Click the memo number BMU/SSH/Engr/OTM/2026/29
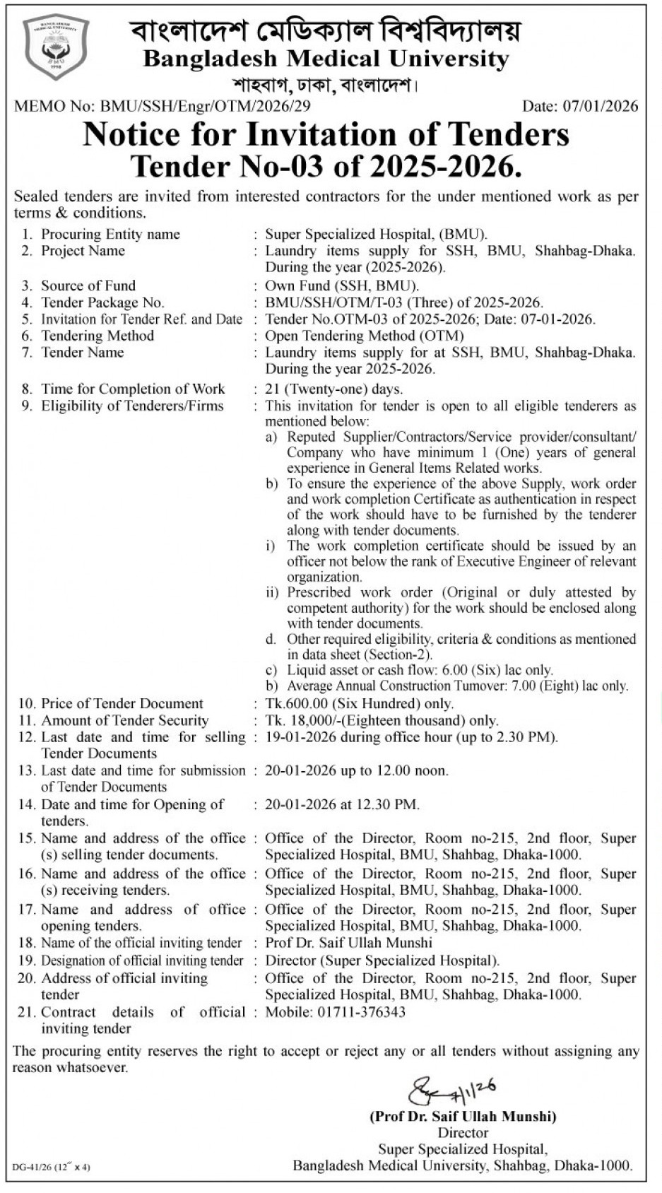(x=205, y=107)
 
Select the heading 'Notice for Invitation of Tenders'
(x=326, y=134)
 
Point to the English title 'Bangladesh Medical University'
(x=326, y=59)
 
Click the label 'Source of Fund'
(x=88, y=286)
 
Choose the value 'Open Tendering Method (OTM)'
(x=365, y=336)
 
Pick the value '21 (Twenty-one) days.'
(x=333, y=389)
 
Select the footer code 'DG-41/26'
(x=32, y=1166)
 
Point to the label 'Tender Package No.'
(x=102, y=302)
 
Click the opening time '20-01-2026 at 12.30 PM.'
(x=342, y=804)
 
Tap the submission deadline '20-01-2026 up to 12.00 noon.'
(x=356, y=770)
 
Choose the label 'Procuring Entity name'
(x=110, y=234)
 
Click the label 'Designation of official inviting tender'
(x=142, y=960)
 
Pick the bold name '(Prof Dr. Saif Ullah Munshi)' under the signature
(x=463, y=1117)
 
